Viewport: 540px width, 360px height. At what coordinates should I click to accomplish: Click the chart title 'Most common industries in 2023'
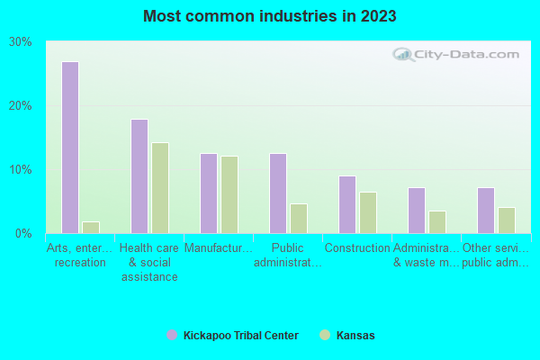tap(269, 16)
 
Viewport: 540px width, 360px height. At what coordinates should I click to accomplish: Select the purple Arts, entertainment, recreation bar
tap(69, 148)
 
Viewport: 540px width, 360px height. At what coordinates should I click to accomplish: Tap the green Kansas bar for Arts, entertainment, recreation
tap(91, 228)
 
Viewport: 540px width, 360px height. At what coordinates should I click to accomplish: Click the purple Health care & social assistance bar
tap(139, 176)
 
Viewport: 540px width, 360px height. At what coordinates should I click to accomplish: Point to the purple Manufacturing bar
tap(208, 193)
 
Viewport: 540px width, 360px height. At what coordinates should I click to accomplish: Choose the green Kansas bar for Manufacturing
tap(229, 194)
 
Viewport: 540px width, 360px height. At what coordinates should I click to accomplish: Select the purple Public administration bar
tap(277, 193)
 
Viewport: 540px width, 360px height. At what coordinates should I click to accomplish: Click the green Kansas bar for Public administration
tap(299, 219)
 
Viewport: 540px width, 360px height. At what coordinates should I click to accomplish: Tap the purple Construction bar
tap(346, 204)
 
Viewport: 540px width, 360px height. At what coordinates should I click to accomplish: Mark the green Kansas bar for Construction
tap(368, 212)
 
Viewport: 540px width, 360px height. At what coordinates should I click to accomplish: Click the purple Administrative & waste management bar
tap(416, 211)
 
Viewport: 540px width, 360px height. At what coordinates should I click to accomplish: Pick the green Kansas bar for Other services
tap(507, 220)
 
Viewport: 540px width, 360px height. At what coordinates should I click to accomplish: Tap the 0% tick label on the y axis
tap(23, 234)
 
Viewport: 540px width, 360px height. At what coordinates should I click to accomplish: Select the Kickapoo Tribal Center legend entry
tap(233, 336)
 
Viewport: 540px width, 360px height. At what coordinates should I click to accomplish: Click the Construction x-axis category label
tap(357, 248)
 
